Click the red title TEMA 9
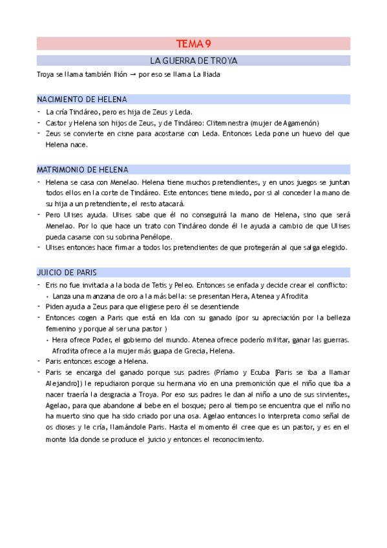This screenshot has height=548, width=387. pos(194,44)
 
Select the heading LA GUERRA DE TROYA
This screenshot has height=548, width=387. pos(194,61)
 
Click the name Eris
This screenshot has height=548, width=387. pos(52,285)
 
